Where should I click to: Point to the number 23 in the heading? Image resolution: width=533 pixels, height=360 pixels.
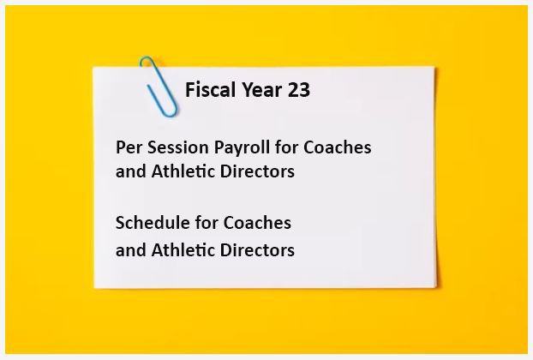299,90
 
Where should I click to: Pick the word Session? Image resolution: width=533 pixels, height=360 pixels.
177,147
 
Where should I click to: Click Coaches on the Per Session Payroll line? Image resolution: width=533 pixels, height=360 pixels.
338,147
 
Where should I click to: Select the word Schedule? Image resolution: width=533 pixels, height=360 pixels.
153,223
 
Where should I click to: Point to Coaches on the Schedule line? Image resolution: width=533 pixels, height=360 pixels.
257,223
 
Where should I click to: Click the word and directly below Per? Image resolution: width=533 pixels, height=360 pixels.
130,171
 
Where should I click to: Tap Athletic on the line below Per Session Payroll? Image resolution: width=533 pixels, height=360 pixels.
183,171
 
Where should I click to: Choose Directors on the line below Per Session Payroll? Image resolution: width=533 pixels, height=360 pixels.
257,171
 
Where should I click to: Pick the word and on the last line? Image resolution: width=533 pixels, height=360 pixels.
130,250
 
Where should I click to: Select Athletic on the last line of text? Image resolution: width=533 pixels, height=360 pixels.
183,250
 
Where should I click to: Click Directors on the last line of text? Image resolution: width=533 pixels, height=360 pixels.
257,250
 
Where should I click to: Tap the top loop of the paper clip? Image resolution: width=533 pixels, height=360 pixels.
147,58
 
